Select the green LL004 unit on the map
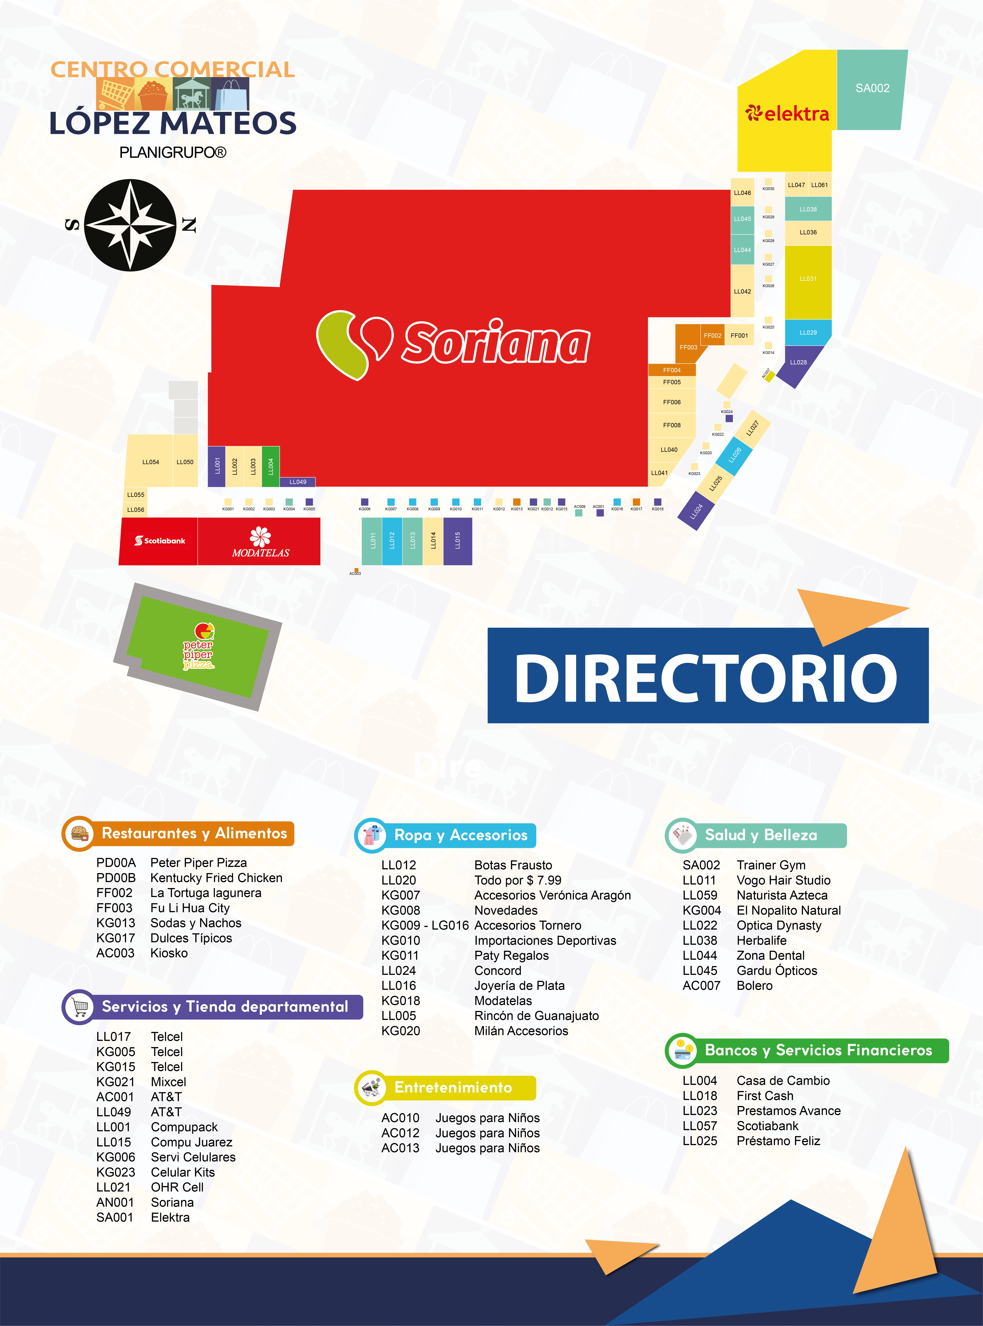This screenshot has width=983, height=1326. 271,466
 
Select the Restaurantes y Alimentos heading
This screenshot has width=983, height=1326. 194,833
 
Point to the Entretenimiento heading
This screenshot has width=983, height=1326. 453,1087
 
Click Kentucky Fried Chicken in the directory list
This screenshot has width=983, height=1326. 216,878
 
